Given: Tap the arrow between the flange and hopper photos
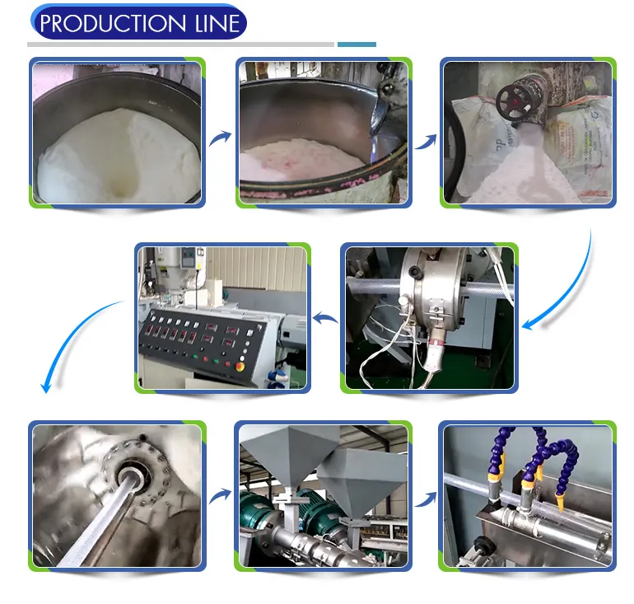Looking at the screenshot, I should (220, 496).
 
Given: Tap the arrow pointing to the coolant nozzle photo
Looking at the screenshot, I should (425, 497).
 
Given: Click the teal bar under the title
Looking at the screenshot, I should (357, 44).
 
